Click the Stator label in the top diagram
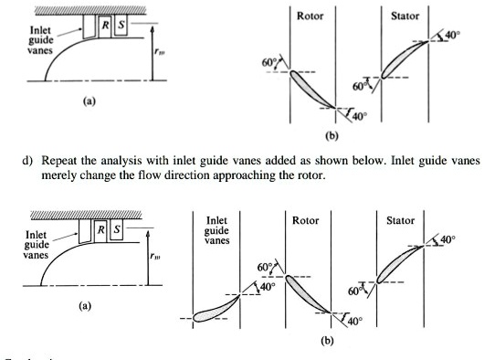[x=405, y=16]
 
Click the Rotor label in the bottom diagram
[x=305, y=221]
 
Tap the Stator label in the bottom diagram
[x=400, y=221]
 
